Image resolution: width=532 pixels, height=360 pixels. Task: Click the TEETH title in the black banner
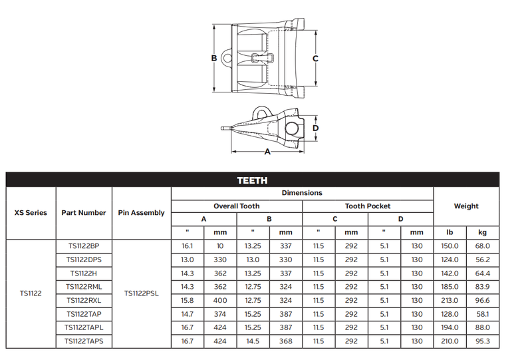(x=252, y=180)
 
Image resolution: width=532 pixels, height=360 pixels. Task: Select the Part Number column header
(x=84, y=213)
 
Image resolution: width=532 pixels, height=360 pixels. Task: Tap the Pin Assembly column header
(x=141, y=213)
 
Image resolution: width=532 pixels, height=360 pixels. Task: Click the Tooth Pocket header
(x=368, y=206)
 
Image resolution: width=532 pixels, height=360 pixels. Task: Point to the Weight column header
(x=466, y=206)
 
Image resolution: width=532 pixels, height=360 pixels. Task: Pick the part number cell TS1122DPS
(x=84, y=260)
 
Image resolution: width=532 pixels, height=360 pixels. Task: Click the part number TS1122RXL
(x=84, y=301)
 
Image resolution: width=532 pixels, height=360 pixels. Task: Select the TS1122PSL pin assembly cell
(x=141, y=293)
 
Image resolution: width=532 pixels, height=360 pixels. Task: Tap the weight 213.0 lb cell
(x=450, y=301)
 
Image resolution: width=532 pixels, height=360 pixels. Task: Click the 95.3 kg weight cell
(x=483, y=341)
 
